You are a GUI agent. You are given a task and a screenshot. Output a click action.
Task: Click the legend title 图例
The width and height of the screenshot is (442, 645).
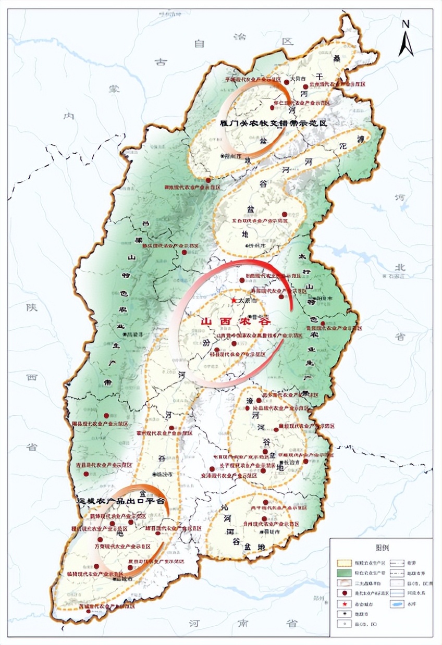tap(382, 548)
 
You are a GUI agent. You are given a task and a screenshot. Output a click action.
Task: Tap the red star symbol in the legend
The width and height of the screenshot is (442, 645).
tap(345, 604)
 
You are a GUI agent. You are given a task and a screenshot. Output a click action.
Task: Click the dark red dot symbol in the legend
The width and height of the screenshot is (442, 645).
tap(345, 593)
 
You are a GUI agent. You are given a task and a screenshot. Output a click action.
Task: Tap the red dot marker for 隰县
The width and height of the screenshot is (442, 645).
tap(106, 416)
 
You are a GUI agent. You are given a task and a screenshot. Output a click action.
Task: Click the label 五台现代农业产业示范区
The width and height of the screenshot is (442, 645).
tap(261, 221)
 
